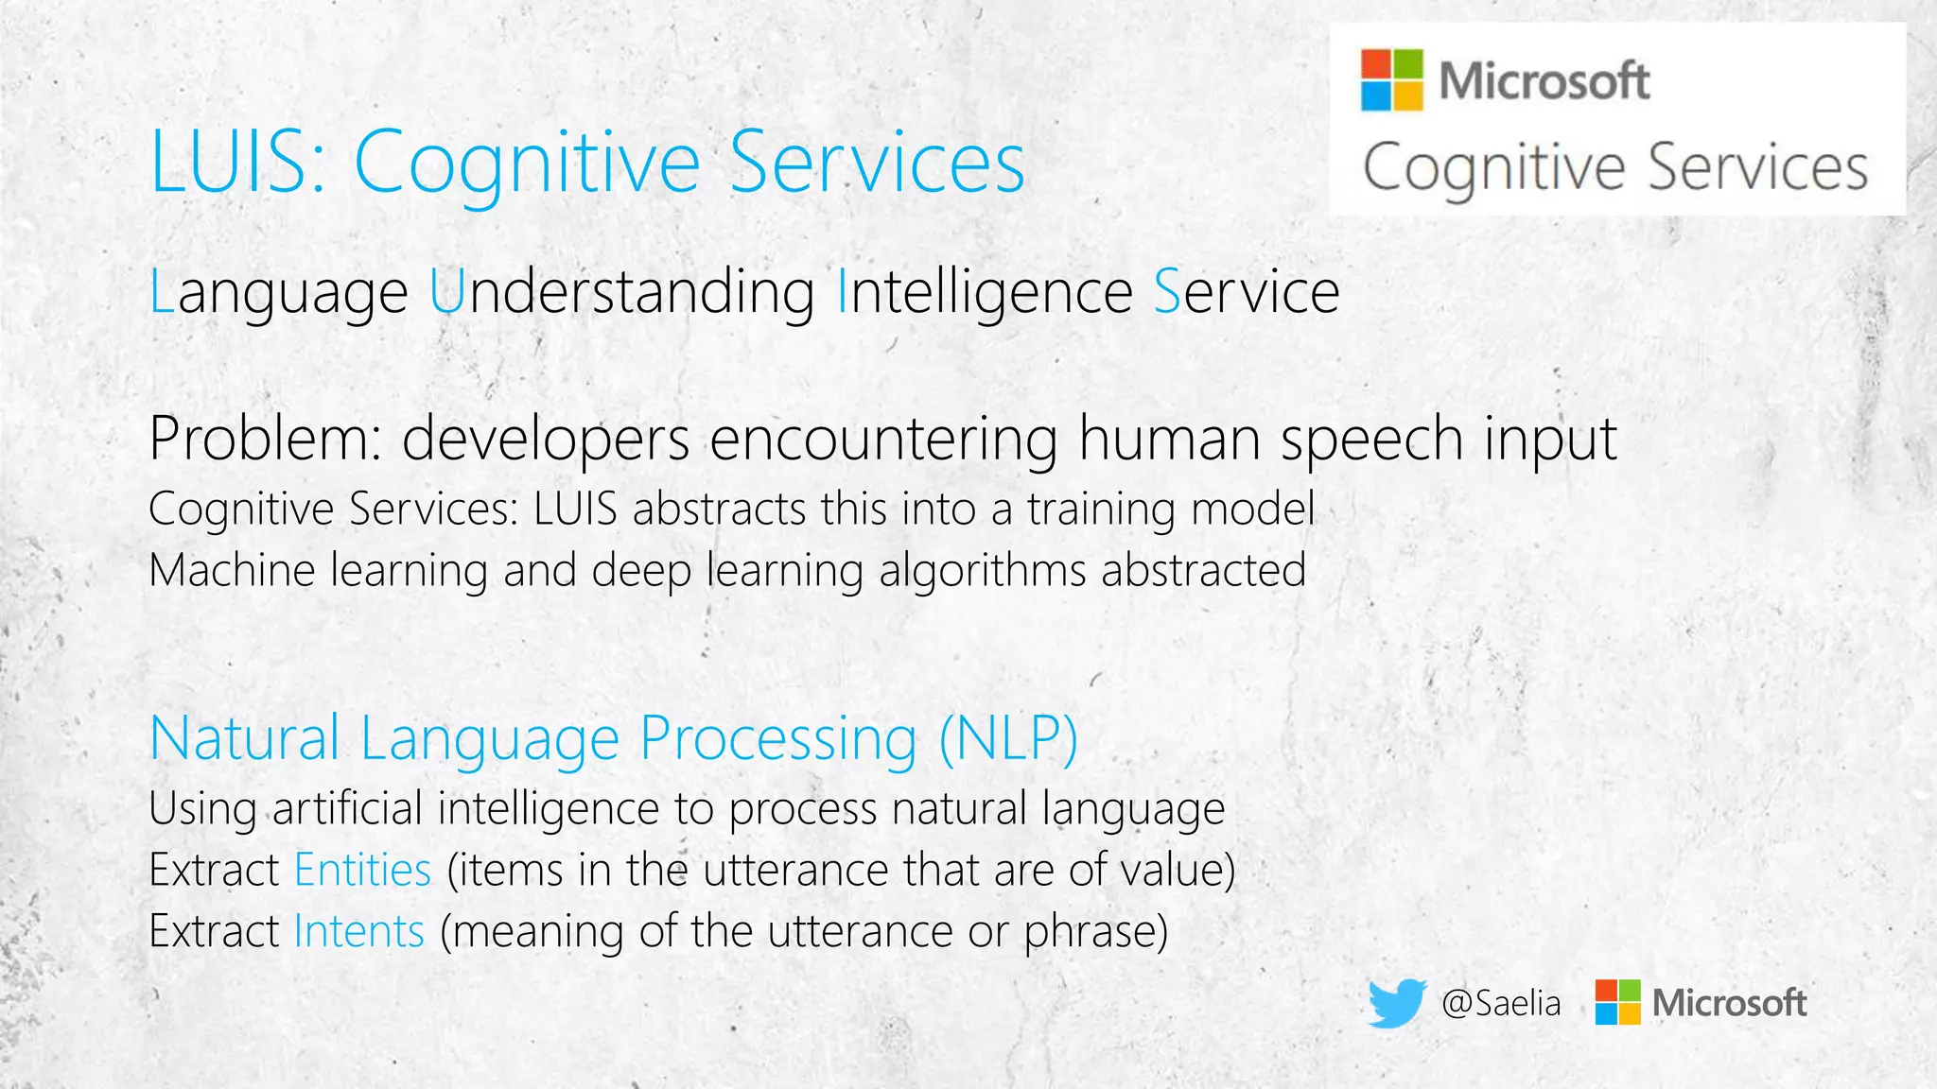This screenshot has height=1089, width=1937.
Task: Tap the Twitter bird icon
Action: (1397, 1002)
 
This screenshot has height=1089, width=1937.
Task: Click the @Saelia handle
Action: (1501, 1003)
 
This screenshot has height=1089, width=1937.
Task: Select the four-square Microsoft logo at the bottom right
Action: (1617, 1002)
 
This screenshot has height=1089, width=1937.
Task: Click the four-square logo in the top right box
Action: (1391, 80)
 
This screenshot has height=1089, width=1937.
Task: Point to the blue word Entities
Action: (362, 870)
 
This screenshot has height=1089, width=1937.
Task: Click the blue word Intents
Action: (358, 931)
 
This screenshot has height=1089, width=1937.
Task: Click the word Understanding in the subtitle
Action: (621, 291)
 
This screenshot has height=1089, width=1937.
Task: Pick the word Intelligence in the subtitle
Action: (985, 291)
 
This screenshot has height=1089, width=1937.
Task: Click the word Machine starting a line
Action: (232, 570)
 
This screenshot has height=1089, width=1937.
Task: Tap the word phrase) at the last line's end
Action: (1096, 931)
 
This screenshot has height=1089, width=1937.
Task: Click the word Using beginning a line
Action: (202, 809)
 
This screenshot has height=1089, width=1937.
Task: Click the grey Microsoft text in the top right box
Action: (1544, 80)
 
